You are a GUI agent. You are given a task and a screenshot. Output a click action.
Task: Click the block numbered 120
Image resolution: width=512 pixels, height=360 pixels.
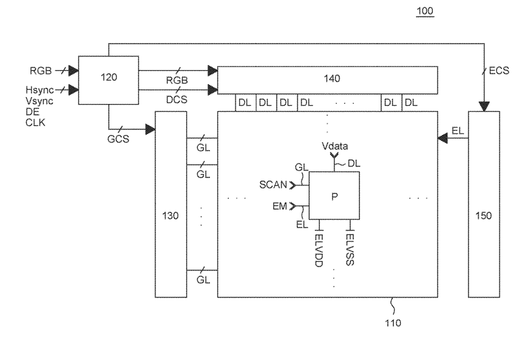[x=108, y=80]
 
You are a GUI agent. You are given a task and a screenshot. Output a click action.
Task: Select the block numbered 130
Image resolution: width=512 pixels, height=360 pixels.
[x=171, y=204]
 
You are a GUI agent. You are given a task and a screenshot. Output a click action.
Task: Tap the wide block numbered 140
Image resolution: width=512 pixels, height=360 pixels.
[x=328, y=80]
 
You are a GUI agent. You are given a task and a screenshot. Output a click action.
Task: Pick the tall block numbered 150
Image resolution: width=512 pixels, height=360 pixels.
[x=484, y=204]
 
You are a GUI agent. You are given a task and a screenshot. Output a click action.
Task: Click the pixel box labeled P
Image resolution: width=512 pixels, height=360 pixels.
[x=334, y=195]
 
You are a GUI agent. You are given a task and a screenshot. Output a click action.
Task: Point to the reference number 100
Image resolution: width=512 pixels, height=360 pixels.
[x=425, y=11]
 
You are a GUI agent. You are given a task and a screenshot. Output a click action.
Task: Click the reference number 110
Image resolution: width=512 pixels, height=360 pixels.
[x=393, y=323]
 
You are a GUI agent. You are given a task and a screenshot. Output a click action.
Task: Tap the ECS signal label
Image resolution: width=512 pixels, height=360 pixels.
[x=499, y=71]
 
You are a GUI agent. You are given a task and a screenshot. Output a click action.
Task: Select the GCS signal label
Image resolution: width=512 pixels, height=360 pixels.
[x=118, y=139]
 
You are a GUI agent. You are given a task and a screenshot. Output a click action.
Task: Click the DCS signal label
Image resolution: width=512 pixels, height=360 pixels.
[x=177, y=99]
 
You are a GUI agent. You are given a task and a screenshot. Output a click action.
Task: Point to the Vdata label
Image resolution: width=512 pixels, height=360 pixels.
[x=335, y=146]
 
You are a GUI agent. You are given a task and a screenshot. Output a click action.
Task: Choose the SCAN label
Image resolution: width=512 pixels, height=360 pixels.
[x=273, y=185]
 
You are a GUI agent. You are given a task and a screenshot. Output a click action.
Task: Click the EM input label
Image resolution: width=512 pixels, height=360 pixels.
[x=279, y=207]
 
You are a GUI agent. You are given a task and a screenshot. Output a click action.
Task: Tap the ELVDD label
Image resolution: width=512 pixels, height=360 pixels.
[x=319, y=251]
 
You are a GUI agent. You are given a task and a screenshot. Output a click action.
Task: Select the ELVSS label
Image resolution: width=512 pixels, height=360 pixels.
[x=350, y=250]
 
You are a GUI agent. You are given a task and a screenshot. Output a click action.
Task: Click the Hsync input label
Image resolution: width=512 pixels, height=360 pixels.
[x=40, y=90]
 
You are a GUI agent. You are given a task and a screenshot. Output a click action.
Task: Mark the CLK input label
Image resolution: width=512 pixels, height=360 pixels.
[x=35, y=123]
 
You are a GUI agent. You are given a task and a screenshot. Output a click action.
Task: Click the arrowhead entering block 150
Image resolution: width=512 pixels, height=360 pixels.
[x=484, y=107]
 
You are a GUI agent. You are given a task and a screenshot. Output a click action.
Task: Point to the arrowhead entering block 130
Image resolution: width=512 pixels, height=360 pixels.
[x=150, y=129]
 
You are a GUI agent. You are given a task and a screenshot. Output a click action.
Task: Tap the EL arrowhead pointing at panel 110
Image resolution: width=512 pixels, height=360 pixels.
[x=443, y=139]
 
